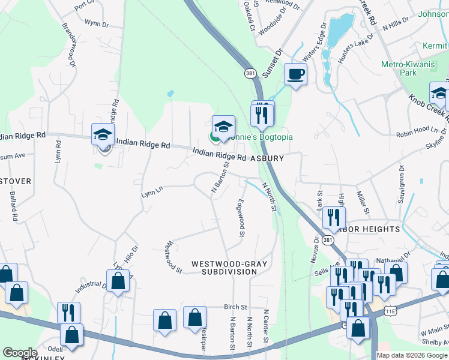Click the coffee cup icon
pyautogui.click(x=295, y=74)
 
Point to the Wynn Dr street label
pyautogui.click(x=97, y=25)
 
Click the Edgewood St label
pyautogui.click(x=241, y=218)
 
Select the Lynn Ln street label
pyautogui.click(x=152, y=192)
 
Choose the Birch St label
pyautogui.click(x=235, y=307)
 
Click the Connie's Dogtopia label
pyautogui.click(x=259, y=137)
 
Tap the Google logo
pyautogui.click(x=20, y=353)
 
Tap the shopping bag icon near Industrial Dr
pyautogui.click(x=118, y=281)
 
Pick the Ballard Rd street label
pyautogui.click(x=14, y=204)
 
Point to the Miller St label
pyautogui.click(x=362, y=203)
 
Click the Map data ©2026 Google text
pyautogui.click(x=412, y=355)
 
